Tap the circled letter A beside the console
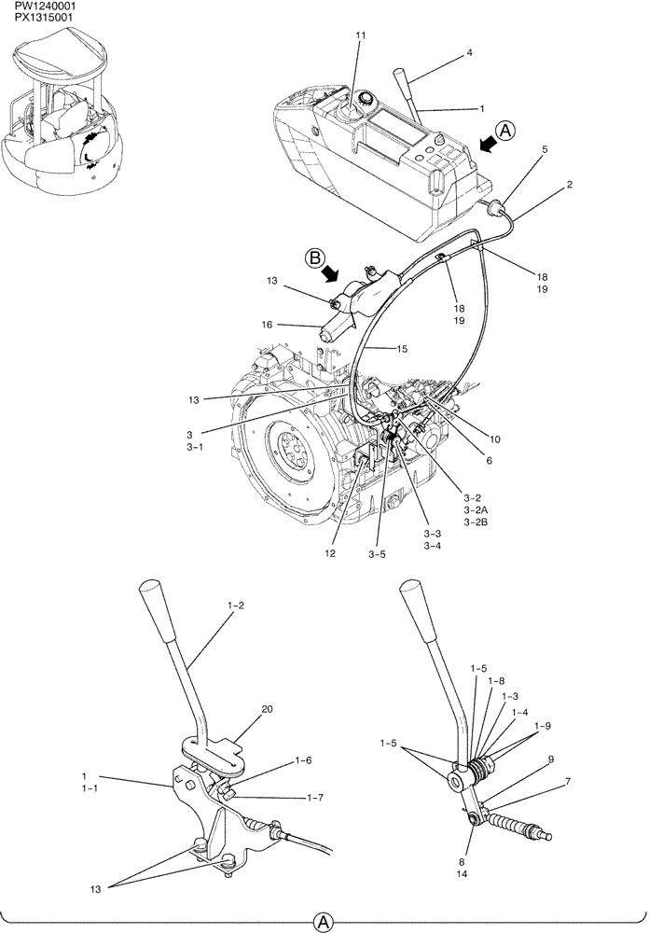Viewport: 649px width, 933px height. (503, 132)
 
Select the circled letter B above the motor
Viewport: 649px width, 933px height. (315, 256)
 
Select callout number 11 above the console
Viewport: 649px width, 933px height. (360, 35)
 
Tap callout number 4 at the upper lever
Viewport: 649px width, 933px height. (469, 53)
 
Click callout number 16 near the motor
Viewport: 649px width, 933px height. (267, 326)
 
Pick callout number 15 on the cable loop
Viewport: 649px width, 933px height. (375, 349)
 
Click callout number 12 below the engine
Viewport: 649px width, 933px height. (328, 552)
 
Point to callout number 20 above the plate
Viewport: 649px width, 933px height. (267, 710)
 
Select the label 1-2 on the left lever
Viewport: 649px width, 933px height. (235, 606)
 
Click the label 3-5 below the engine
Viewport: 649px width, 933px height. (376, 553)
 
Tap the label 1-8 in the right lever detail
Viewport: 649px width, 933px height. (501, 682)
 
